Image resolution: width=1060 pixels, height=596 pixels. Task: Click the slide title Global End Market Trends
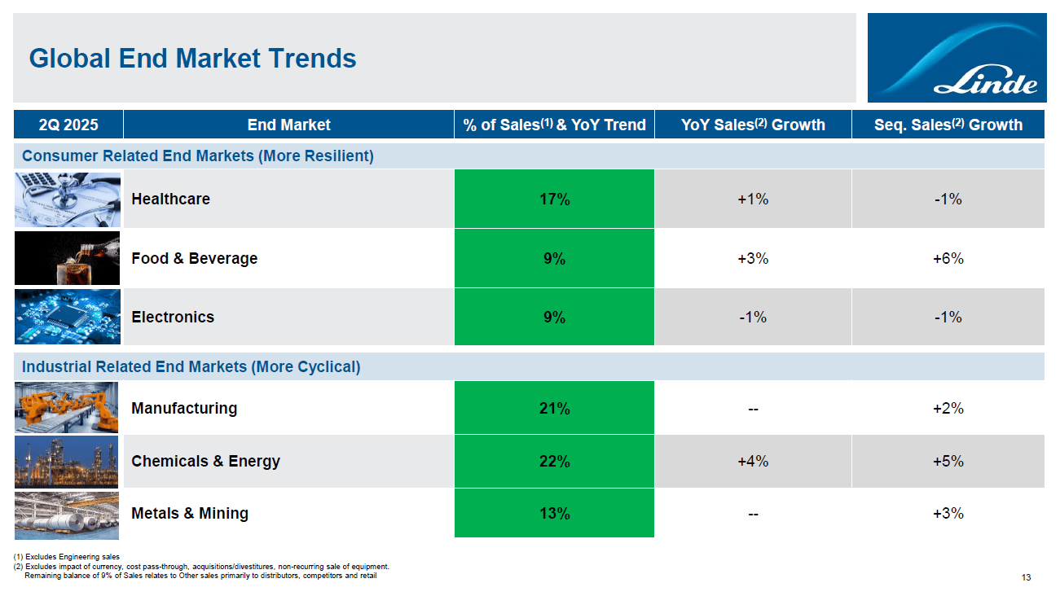click(x=192, y=59)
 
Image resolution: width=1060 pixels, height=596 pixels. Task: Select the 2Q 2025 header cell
click(x=68, y=125)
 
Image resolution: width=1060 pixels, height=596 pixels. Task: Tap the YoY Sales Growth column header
click(x=753, y=125)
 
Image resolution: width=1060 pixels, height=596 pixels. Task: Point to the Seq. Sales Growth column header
click(x=948, y=125)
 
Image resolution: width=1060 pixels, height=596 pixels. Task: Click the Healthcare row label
click(x=171, y=199)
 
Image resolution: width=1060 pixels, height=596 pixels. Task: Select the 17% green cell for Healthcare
click(x=554, y=199)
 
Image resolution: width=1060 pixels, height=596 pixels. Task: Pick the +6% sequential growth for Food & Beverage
click(x=948, y=258)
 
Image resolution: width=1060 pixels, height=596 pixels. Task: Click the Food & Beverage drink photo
click(x=67, y=258)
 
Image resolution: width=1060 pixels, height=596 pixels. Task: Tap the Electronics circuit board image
click(x=67, y=317)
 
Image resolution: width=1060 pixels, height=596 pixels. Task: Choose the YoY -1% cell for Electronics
click(x=753, y=317)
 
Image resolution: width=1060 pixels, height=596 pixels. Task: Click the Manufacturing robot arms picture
click(x=67, y=408)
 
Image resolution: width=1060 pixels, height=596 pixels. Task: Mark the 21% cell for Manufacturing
click(x=554, y=408)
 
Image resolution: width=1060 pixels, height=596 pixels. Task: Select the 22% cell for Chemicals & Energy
click(x=554, y=461)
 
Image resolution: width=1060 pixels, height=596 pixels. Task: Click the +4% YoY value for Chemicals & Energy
click(x=753, y=461)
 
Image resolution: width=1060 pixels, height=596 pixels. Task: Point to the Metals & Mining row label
click(x=190, y=513)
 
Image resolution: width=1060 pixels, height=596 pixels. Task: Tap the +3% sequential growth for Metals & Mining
click(x=948, y=513)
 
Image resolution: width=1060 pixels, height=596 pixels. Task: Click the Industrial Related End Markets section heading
click(x=191, y=366)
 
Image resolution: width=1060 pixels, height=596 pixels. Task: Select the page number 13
click(x=1026, y=578)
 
